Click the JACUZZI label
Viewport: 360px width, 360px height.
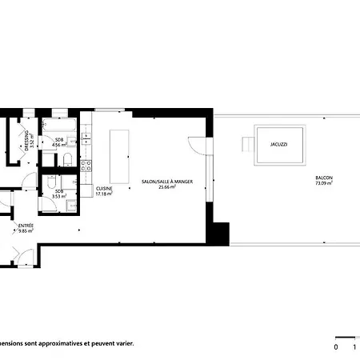pos(278,145)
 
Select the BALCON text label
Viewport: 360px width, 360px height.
pos(324,178)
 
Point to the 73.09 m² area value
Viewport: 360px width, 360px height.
pos(324,183)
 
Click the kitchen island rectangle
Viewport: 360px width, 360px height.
pos(120,157)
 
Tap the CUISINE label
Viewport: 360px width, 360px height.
pos(105,189)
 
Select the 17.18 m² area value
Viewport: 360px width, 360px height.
pos(105,194)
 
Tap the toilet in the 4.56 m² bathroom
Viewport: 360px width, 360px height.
pos(70,162)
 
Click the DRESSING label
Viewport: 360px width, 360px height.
pos(27,140)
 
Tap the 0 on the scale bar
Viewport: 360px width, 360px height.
pos(337,347)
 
